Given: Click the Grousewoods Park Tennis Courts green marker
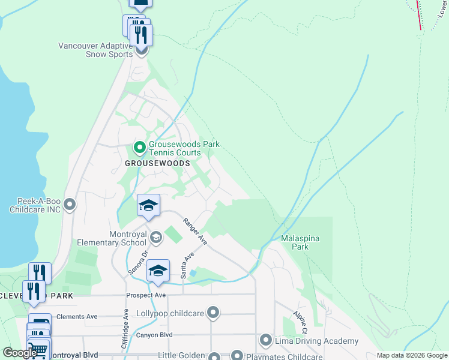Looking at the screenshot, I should [139, 147].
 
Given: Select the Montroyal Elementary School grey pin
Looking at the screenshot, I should [155, 238].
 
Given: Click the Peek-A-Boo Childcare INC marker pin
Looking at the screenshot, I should [70, 205].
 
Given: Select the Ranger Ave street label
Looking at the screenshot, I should [195, 231].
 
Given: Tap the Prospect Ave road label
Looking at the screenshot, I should [146, 295].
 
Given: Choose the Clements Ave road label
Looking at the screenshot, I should [76, 316].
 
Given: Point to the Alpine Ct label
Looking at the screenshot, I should [300, 322].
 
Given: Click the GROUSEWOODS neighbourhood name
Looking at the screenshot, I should [157, 163].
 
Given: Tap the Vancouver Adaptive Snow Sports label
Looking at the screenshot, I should [95, 50].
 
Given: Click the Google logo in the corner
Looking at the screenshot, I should [20, 353].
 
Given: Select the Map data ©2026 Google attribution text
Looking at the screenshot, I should [412, 355].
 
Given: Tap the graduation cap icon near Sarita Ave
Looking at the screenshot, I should [158, 271].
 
